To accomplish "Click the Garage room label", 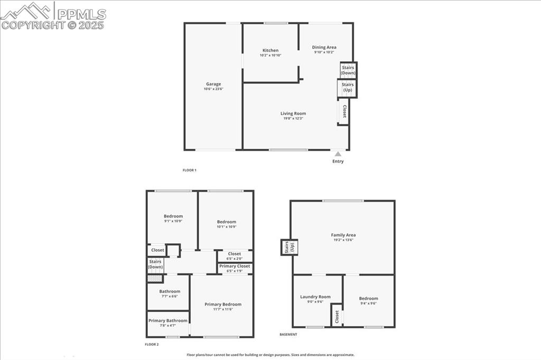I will (213, 84).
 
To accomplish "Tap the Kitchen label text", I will (270, 51).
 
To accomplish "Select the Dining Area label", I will (324, 48).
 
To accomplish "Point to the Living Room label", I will (293, 113).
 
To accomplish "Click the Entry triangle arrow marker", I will (338, 154).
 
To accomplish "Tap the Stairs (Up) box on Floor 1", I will (347, 88).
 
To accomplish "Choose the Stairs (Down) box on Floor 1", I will (348, 70).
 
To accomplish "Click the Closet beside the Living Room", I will (344, 112).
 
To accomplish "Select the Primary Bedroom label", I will (223, 304).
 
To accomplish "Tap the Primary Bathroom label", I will (167, 320).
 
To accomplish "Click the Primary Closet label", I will (235, 267).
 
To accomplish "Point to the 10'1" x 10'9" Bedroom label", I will (226, 222).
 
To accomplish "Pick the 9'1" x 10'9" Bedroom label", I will (173, 216).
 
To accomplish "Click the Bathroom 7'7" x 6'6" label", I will (170, 291).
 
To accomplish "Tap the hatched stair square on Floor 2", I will (154, 278).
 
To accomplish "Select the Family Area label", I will (343, 235).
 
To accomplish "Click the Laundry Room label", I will (315, 297).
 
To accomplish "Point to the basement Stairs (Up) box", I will (290, 248).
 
